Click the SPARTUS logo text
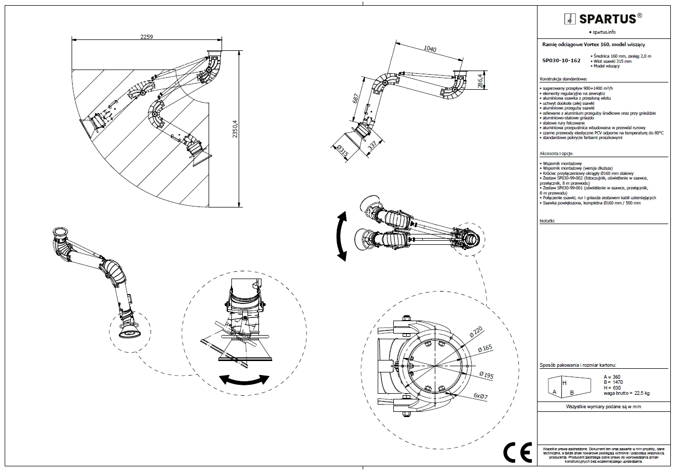[x=607, y=19]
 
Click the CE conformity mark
[x=517, y=453]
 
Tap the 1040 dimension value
[x=430, y=50]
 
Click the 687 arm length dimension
[x=356, y=99]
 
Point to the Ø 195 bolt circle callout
[x=486, y=375]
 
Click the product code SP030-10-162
[x=561, y=61]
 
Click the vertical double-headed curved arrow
[x=341, y=235]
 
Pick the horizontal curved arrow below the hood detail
[x=244, y=379]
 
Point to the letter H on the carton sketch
[x=564, y=382]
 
